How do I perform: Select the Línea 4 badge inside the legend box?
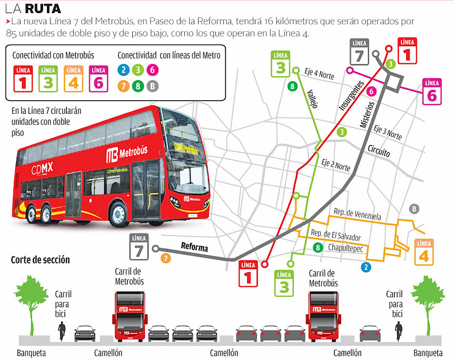[x=74, y=79]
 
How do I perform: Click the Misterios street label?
[x=366, y=113]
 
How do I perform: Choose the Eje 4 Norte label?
[x=319, y=74]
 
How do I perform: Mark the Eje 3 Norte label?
[x=388, y=132]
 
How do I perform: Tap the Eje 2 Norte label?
[x=336, y=165]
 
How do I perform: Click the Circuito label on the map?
[x=379, y=150]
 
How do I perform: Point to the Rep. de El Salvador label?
[x=335, y=235]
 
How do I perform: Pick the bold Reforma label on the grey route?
[x=194, y=247]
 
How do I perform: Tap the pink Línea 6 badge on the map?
[x=432, y=92]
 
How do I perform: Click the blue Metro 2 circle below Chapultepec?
[x=366, y=268]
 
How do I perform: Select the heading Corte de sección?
[x=40, y=260]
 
